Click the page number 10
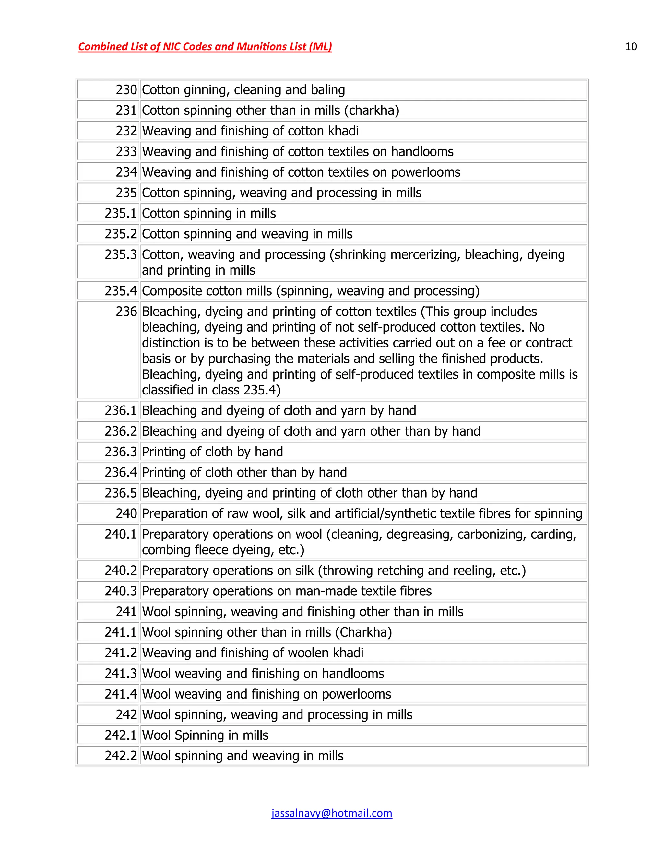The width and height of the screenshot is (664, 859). click(631, 46)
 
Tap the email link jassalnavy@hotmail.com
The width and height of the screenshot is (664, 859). click(332, 813)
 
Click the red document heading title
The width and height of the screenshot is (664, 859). click(205, 46)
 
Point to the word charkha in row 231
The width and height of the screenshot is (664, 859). click(371, 110)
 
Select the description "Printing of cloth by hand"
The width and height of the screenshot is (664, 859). click(212, 452)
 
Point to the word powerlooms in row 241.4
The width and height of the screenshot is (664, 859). click(356, 694)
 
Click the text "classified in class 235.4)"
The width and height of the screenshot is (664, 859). click(211, 390)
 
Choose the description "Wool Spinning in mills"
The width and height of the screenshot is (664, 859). click(205, 735)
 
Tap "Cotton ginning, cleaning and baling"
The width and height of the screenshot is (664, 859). click(243, 90)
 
